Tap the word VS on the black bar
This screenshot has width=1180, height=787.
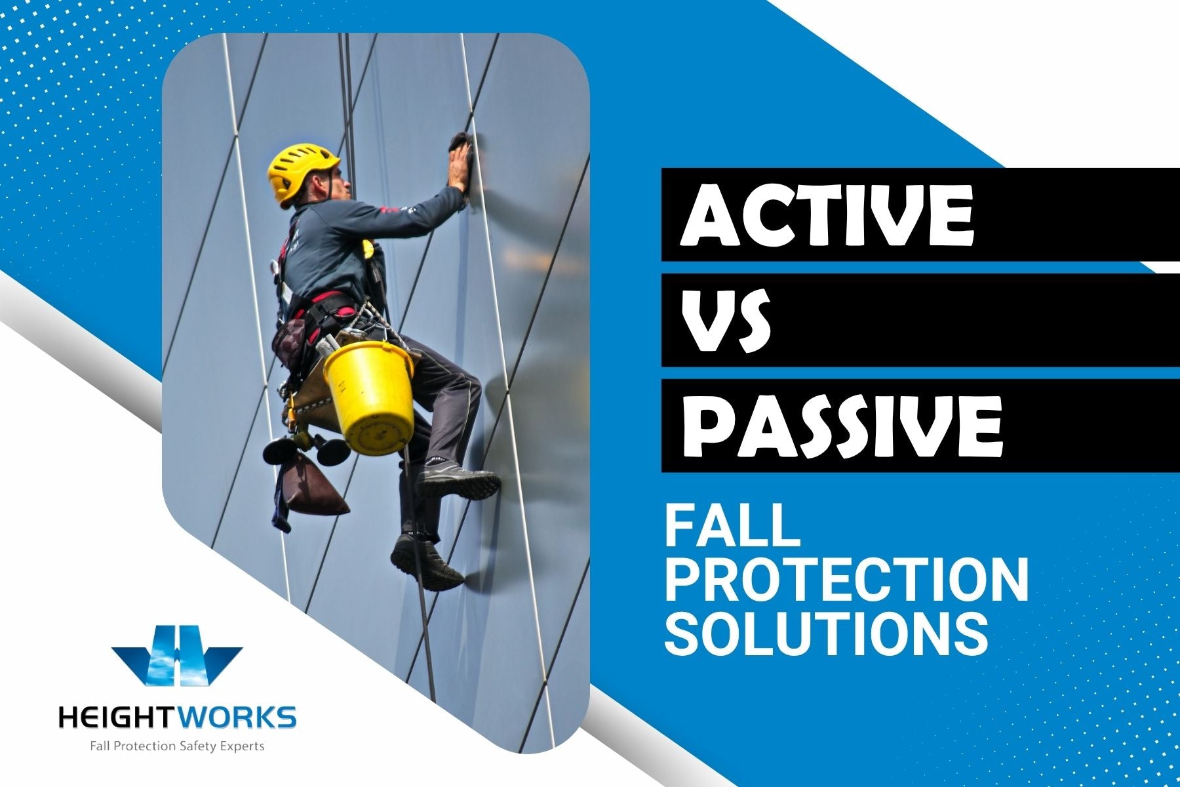pos(726,321)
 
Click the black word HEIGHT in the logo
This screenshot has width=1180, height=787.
pos(116,717)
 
